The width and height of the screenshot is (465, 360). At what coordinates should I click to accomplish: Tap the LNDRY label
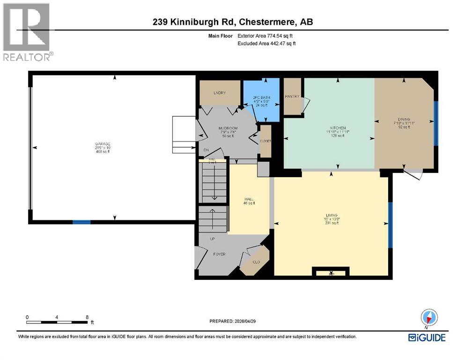pyautogui.click(x=220, y=93)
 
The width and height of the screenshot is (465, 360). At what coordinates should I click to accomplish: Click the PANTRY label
pyautogui.click(x=292, y=96)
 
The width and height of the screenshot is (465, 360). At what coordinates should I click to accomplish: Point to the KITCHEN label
pyautogui.click(x=338, y=128)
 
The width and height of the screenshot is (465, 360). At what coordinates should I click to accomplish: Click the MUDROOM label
pyautogui.click(x=228, y=128)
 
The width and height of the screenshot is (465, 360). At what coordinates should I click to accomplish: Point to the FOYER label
pyautogui.click(x=219, y=254)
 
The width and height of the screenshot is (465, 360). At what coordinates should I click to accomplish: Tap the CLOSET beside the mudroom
pyautogui.click(x=265, y=141)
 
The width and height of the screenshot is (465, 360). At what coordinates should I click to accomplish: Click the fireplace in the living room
pyautogui.click(x=331, y=272)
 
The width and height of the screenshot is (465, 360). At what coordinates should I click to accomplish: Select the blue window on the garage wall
pyautogui.click(x=81, y=222)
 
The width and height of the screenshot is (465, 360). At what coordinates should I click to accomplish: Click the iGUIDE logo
pyautogui.click(x=426, y=337)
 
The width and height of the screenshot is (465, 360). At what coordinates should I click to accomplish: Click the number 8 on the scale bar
pyautogui.click(x=87, y=317)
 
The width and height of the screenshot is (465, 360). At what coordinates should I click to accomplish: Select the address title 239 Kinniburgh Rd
pyautogui.click(x=232, y=22)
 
